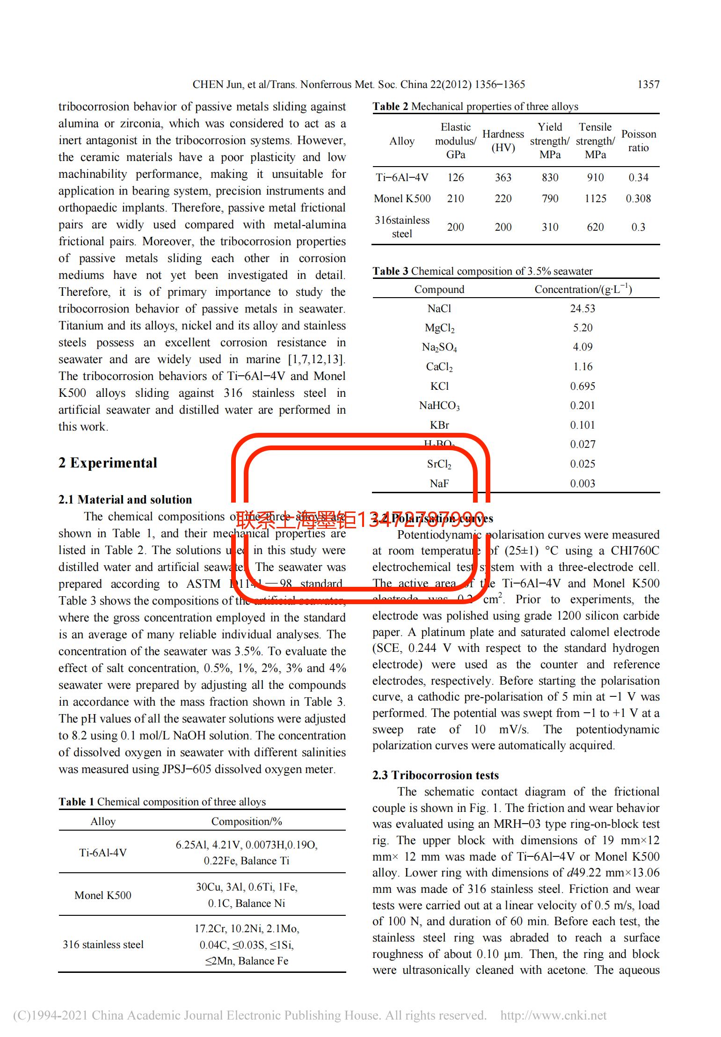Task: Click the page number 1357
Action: (x=648, y=85)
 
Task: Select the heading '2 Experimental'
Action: (x=108, y=463)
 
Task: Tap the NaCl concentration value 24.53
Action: (x=583, y=308)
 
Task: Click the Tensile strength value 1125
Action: (x=595, y=198)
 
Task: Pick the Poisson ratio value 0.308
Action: (x=638, y=198)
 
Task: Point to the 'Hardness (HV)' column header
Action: (x=503, y=141)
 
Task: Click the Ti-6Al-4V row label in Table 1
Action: (x=103, y=853)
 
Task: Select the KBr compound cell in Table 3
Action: (x=439, y=425)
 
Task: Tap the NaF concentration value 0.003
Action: (x=583, y=483)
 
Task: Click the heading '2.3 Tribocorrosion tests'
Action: (x=435, y=775)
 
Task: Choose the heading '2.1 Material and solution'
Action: (x=125, y=500)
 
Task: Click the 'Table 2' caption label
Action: (x=386, y=107)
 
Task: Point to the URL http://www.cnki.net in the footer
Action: (x=553, y=1015)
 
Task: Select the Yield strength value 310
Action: (x=550, y=227)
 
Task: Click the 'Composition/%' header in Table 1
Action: (x=247, y=821)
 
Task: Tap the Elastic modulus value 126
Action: (x=455, y=177)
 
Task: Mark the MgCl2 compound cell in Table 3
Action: (x=439, y=328)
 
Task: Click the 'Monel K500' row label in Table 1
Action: (x=103, y=895)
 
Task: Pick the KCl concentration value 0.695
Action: (x=583, y=386)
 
